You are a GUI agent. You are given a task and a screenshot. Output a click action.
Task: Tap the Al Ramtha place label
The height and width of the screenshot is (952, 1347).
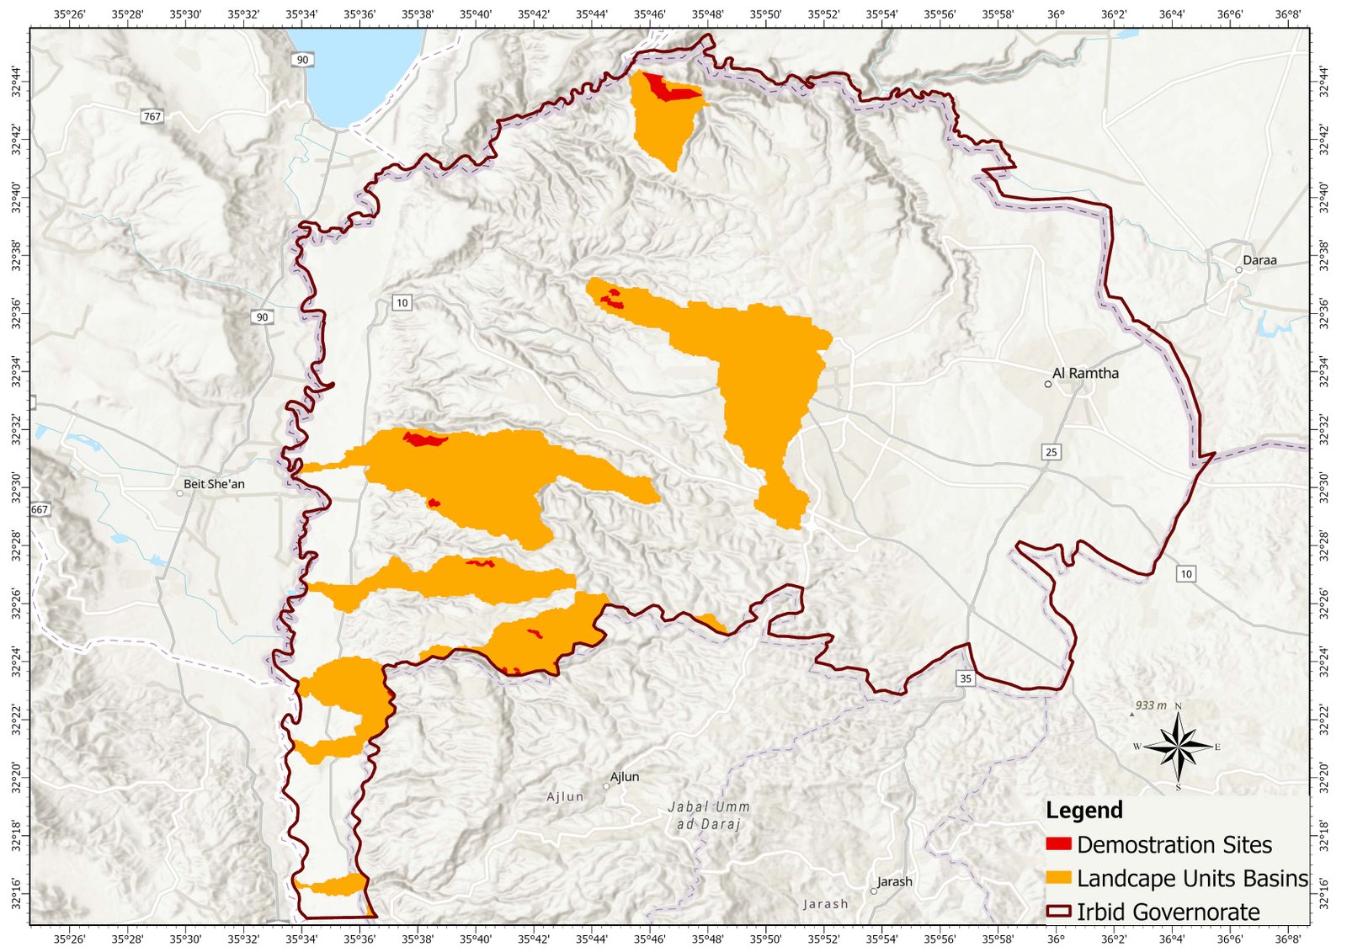click(1085, 373)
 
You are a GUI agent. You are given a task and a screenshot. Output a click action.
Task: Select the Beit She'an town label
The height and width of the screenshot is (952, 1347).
click(214, 484)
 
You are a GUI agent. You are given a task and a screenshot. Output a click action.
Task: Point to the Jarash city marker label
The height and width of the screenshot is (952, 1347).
click(894, 881)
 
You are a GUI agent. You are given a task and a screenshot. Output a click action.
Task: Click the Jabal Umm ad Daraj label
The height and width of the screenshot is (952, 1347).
click(708, 816)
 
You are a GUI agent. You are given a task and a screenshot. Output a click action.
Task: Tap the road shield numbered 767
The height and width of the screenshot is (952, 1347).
click(152, 117)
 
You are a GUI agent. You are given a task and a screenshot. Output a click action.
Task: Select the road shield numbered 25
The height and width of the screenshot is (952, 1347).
click(1051, 452)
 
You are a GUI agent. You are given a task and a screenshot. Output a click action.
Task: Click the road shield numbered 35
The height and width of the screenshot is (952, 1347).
click(966, 678)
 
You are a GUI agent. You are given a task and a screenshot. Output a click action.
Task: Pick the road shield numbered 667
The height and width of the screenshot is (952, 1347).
click(40, 509)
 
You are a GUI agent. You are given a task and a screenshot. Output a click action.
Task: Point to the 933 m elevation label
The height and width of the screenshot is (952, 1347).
click(1150, 705)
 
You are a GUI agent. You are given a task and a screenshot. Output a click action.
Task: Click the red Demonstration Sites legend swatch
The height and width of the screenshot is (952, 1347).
click(1058, 843)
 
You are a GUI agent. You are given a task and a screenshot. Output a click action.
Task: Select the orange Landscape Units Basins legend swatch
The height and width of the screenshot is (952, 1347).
click(1058, 877)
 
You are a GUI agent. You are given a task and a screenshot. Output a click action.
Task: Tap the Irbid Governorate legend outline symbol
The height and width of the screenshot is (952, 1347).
click(1058, 911)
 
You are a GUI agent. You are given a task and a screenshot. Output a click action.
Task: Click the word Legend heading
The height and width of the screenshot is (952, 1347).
click(1083, 811)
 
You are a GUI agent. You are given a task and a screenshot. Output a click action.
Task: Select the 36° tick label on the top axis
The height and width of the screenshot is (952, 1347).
click(1056, 14)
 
